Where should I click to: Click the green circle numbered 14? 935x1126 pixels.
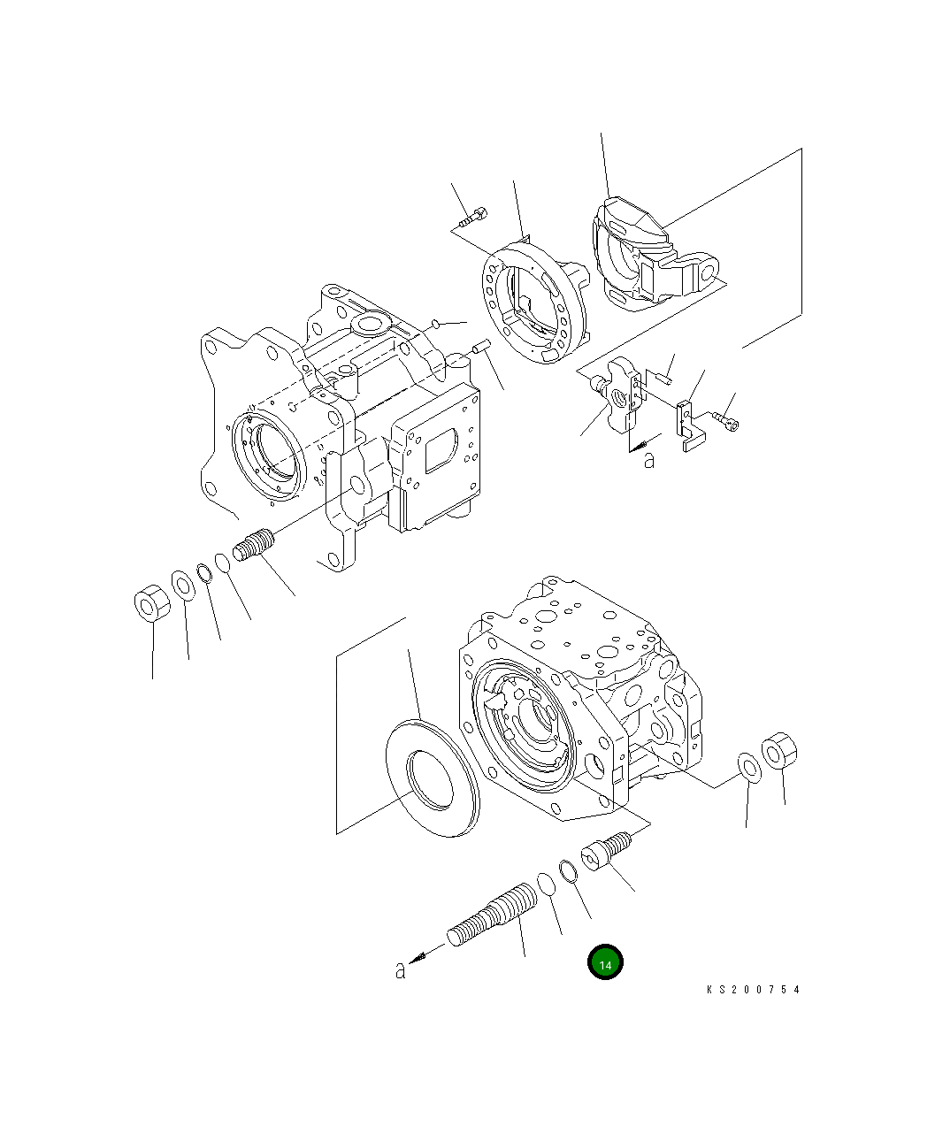click(x=605, y=963)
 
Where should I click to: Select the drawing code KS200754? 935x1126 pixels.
click(x=753, y=990)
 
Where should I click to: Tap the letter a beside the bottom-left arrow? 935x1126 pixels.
click(x=401, y=970)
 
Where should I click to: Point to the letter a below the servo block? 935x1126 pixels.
click(x=649, y=460)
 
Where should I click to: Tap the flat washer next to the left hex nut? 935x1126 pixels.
click(x=183, y=585)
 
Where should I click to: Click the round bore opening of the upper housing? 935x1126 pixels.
click(x=270, y=454)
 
